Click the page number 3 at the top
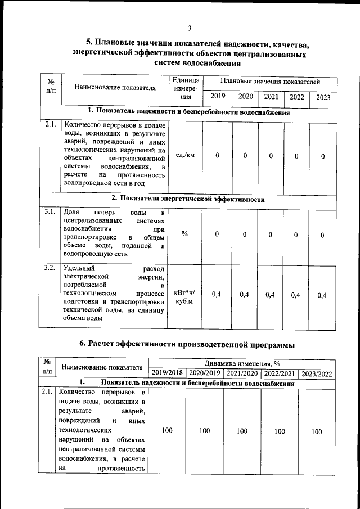point(190,28)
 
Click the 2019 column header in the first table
point(217,96)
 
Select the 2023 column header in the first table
point(323,97)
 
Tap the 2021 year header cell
point(271,96)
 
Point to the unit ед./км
point(185,155)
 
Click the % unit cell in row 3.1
point(184,234)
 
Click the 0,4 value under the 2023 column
point(322,295)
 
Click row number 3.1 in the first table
point(49,212)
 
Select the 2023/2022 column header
point(317,373)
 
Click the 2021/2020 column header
point(242,373)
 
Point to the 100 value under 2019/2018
point(167,431)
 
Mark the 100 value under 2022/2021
point(279,431)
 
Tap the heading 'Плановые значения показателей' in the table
point(270,82)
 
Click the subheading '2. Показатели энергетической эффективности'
point(188,199)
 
